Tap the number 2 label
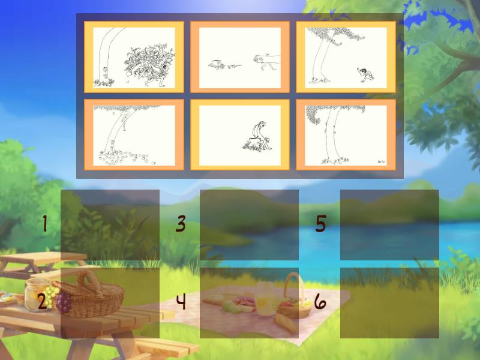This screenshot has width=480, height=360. pos(42,301)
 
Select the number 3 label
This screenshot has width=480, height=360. pos(181,224)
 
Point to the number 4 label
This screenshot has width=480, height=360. pos(181,301)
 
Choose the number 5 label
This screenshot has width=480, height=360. pos(321,224)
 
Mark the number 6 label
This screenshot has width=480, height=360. pos(321,301)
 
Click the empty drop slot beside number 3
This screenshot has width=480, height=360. pos(249,225)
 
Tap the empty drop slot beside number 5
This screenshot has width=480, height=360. pos(389,225)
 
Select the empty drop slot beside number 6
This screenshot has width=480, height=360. pos(389,302)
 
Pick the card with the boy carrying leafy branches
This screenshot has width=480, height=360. pos(134,57)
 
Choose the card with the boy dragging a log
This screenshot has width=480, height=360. pos(240,57)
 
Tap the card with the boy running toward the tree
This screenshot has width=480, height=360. pos(346,57)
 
